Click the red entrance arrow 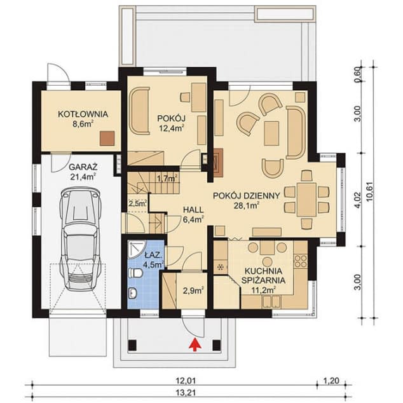coord(195,345)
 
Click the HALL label coord(193,209)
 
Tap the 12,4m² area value coord(172,128)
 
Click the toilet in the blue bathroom coord(135,273)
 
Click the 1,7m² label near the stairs coord(165,179)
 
